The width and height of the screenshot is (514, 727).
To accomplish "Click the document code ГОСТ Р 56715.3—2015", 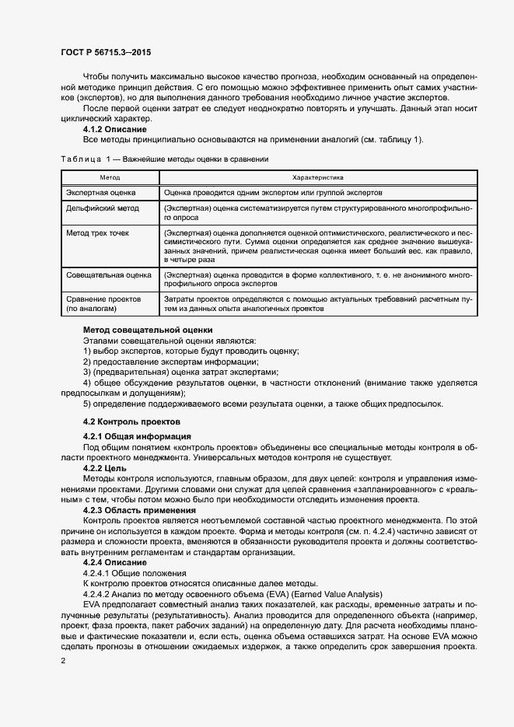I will click(106, 52).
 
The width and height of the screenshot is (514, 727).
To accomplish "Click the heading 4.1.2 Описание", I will click(115, 129).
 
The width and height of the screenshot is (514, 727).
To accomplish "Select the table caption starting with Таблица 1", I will click(164, 159).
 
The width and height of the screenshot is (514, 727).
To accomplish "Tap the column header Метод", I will click(110, 178).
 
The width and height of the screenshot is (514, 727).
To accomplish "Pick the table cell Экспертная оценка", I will click(101, 192).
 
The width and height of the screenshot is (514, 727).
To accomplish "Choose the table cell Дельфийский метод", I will click(103, 208).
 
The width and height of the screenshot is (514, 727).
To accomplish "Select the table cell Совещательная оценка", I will click(109, 275).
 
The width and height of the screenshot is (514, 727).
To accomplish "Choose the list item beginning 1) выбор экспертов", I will click(191, 351).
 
